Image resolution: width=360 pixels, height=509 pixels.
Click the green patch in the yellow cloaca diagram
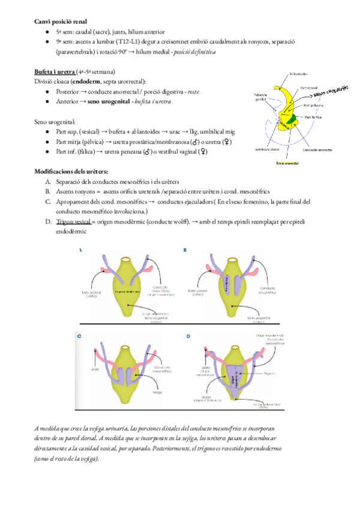[x=292, y=118]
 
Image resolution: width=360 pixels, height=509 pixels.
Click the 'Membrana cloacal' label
[x=268, y=149]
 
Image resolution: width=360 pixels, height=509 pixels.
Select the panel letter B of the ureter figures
[x=185, y=250]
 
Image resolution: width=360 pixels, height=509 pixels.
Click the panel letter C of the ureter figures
[x=79, y=337]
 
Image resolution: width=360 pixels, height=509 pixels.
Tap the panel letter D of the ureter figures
[x=188, y=336]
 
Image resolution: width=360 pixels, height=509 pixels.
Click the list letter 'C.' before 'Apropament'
[x=48, y=202]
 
